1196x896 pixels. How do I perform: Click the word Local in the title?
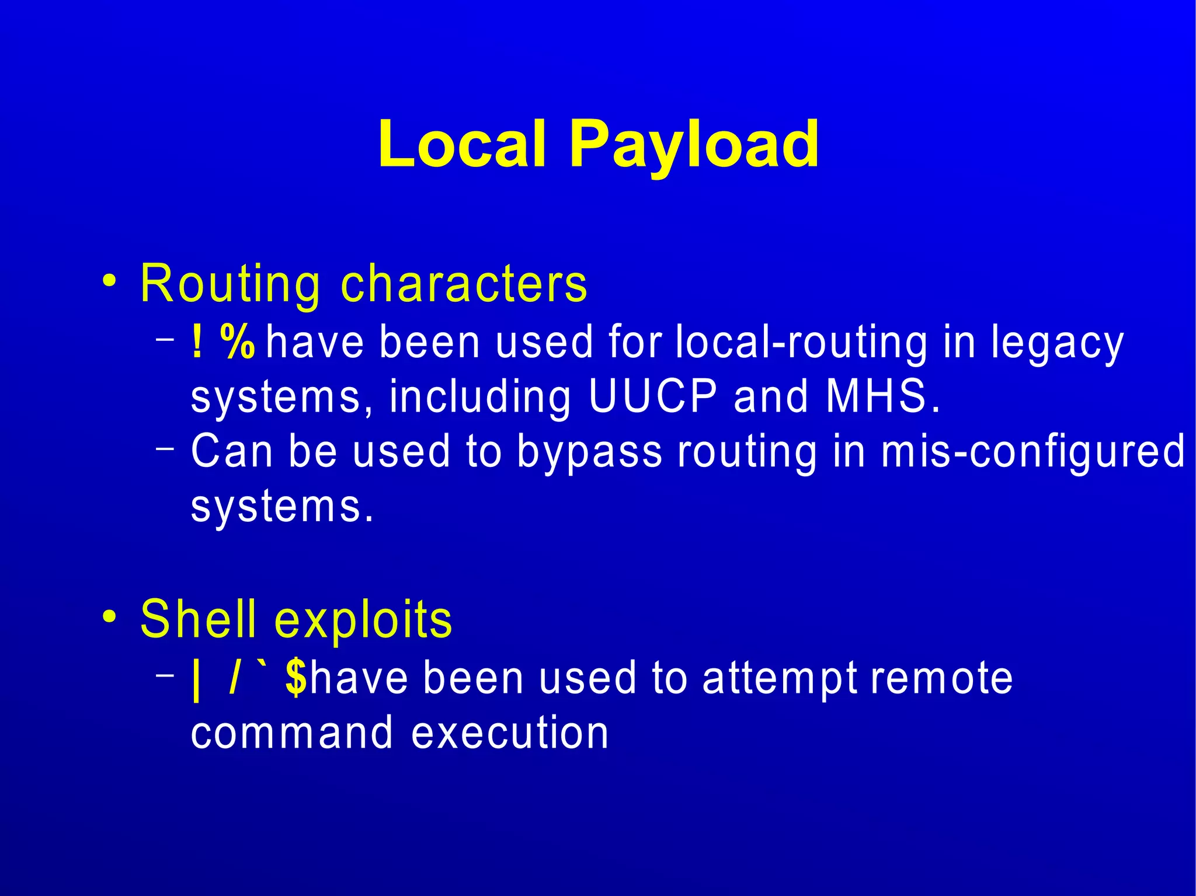(461, 143)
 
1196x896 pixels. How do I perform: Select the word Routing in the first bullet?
(230, 284)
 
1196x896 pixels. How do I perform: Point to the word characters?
(464, 283)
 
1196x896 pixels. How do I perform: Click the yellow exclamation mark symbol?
(197, 342)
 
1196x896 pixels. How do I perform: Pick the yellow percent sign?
(238, 342)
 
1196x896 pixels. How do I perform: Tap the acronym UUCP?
(652, 396)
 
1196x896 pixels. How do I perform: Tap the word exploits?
(363, 620)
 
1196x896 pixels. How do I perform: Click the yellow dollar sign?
(296, 678)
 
